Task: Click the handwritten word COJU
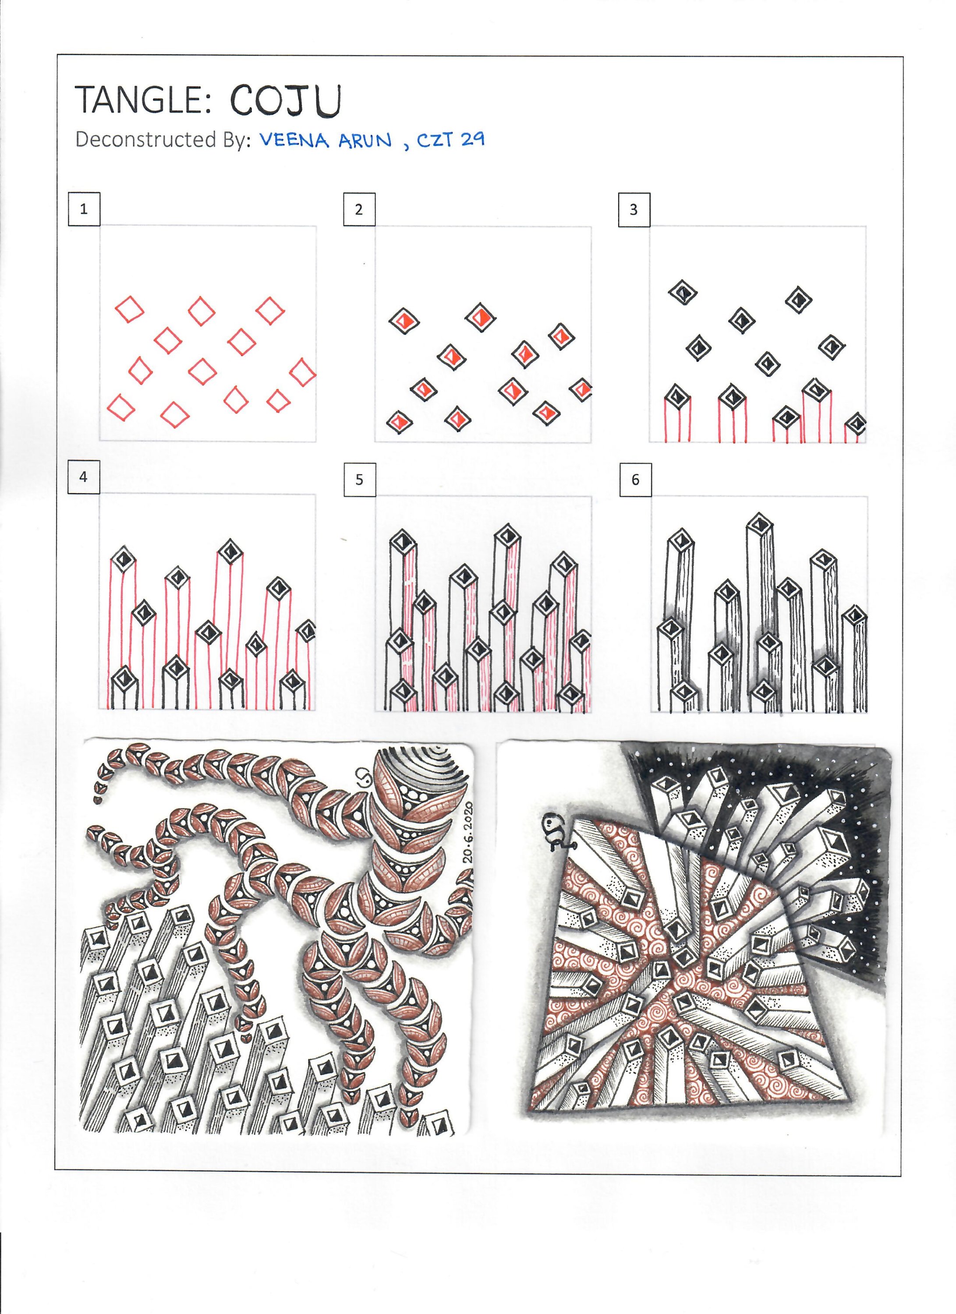(x=286, y=100)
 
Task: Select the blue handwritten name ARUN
(x=365, y=141)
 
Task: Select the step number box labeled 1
(x=84, y=209)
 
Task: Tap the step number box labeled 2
(x=359, y=209)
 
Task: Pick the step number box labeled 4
(x=83, y=477)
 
